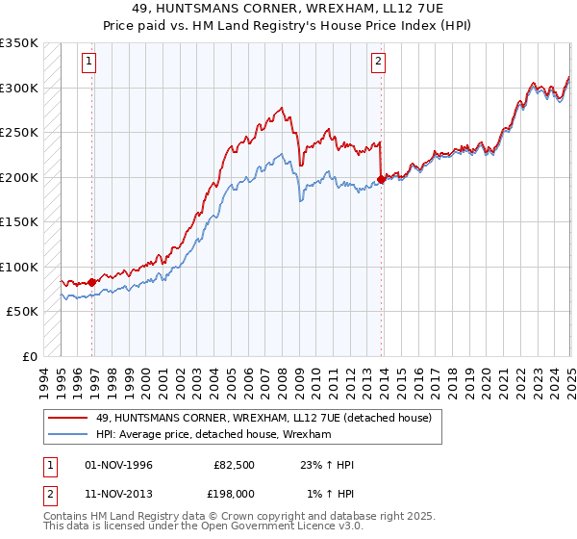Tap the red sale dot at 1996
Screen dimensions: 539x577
click(92, 282)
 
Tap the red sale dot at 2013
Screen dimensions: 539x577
click(382, 178)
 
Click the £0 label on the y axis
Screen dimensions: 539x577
click(28, 356)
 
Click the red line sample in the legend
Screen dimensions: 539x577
click(68, 418)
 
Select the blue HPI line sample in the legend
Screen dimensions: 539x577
click(68, 435)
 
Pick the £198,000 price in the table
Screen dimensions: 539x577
click(233, 493)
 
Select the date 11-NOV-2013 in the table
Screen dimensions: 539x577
click(119, 493)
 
